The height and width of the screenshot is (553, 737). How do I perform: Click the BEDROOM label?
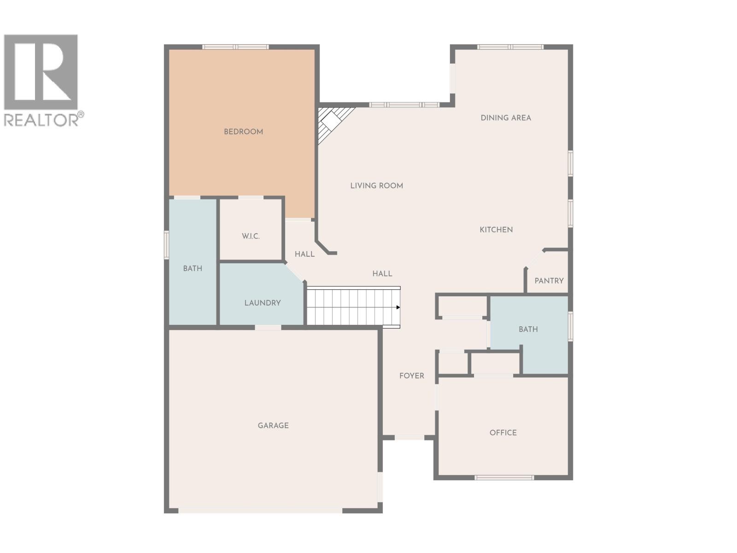coord(243,132)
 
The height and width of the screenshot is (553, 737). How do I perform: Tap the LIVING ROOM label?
coord(376,186)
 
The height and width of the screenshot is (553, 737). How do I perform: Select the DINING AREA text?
coord(506,118)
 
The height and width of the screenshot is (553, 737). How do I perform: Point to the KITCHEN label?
coord(496,229)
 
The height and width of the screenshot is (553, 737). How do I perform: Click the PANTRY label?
coord(549,281)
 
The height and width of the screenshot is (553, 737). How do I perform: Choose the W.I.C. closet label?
coord(251,236)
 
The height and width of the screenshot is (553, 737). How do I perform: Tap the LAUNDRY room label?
coord(262,303)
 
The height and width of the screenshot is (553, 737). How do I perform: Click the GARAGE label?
coord(273,425)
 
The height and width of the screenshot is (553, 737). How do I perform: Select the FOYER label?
coord(411,376)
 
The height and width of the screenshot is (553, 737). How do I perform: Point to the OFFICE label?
coord(503,433)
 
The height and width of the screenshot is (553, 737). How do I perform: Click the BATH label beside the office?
coord(528,329)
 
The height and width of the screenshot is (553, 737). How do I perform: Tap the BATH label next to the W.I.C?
coord(193,268)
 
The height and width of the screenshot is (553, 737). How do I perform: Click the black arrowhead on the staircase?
coord(398,307)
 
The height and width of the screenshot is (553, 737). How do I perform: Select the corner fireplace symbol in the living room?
coord(332,122)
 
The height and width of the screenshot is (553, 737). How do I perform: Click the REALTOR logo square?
coord(41,72)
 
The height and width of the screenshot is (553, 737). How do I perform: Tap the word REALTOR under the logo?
coord(41,120)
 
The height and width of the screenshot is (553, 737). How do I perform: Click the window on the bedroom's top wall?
coord(235,47)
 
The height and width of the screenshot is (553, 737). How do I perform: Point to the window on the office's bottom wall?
coord(504,477)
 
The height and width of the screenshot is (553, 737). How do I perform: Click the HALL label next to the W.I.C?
coord(304,254)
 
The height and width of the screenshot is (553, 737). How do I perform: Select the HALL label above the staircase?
coord(382,274)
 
